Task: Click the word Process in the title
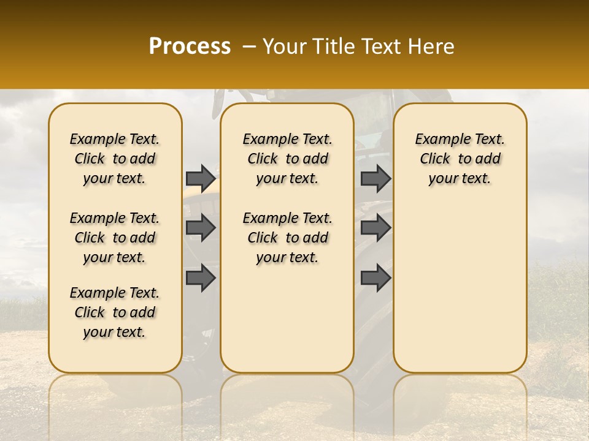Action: (x=190, y=46)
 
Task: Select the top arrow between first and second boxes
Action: (x=201, y=178)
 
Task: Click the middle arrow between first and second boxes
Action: (x=201, y=228)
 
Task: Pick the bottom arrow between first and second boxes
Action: (x=201, y=277)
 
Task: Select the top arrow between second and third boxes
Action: (x=375, y=178)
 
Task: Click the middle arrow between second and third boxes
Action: (x=375, y=228)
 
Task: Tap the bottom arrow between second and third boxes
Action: (x=375, y=277)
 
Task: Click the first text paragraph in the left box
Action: (x=115, y=159)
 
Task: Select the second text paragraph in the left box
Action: (x=115, y=238)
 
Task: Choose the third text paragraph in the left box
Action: (x=115, y=312)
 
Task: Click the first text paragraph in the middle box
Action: (x=287, y=159)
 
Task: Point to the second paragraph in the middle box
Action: (x=287, y=238)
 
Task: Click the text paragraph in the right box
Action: (x=460, y=159)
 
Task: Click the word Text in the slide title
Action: (x=380, y=46)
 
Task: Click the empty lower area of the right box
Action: (x=460, y=288)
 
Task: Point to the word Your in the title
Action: (x=283, y=46)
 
